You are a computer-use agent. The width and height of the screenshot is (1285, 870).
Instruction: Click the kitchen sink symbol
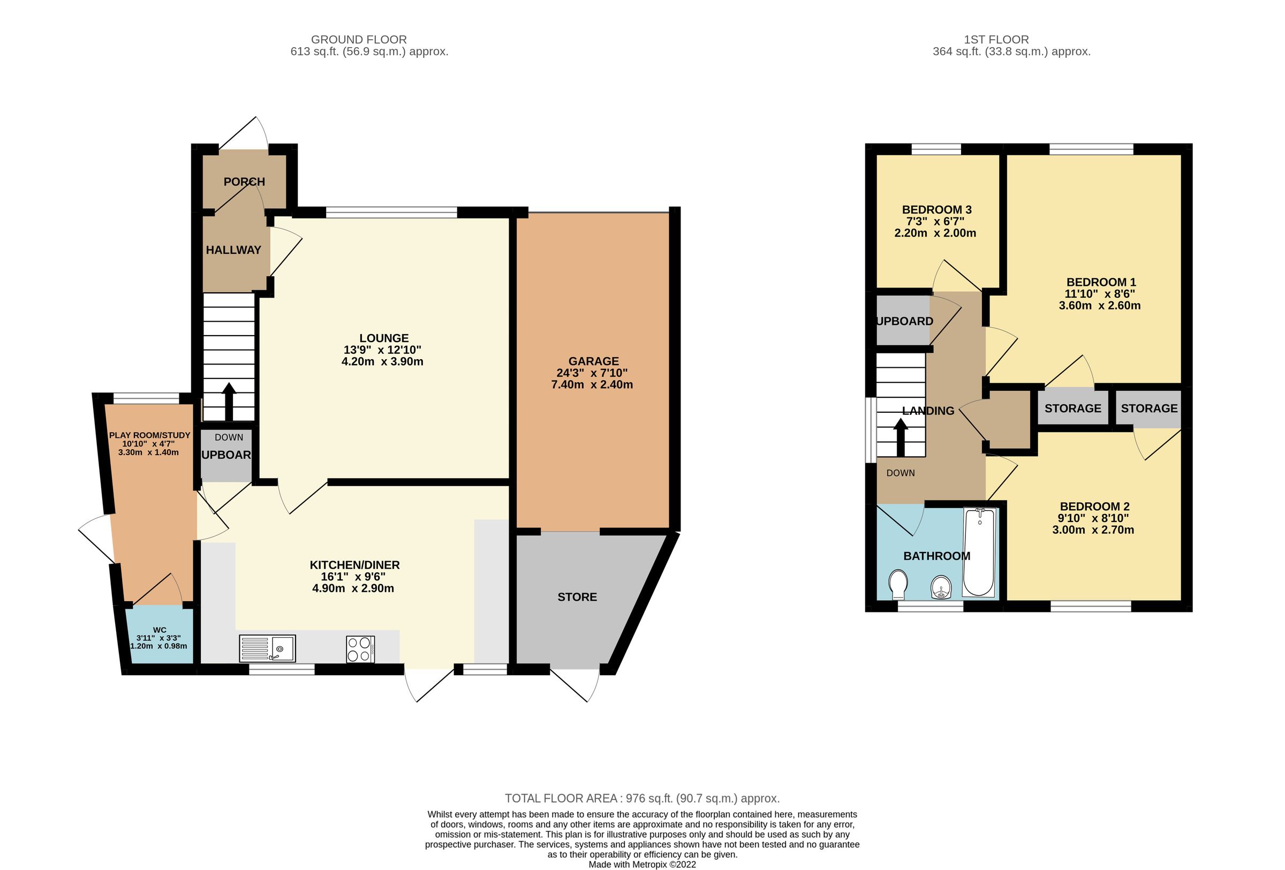267,648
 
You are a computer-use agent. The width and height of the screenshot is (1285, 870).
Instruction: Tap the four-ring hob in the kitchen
360,649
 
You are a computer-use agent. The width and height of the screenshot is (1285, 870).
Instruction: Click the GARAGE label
593,361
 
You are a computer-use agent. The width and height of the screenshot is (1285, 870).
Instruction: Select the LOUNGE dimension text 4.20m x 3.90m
382,361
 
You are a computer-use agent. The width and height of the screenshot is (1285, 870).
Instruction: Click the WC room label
159,630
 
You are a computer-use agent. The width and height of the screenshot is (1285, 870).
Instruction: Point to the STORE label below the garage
577,597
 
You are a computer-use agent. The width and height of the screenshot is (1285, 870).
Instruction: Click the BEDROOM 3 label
936,209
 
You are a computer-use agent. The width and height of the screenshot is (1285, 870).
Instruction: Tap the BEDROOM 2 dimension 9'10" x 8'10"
1093,518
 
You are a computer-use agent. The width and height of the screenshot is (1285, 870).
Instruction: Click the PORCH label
244,182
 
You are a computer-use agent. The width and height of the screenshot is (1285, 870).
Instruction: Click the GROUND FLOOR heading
358,40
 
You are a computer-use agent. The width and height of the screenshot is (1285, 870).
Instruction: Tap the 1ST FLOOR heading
996,40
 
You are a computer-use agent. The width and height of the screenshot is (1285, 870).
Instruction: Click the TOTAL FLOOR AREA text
642,798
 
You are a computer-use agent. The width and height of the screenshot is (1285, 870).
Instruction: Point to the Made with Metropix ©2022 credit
642,865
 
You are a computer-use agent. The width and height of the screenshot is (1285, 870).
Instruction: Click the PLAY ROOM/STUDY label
149,435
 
